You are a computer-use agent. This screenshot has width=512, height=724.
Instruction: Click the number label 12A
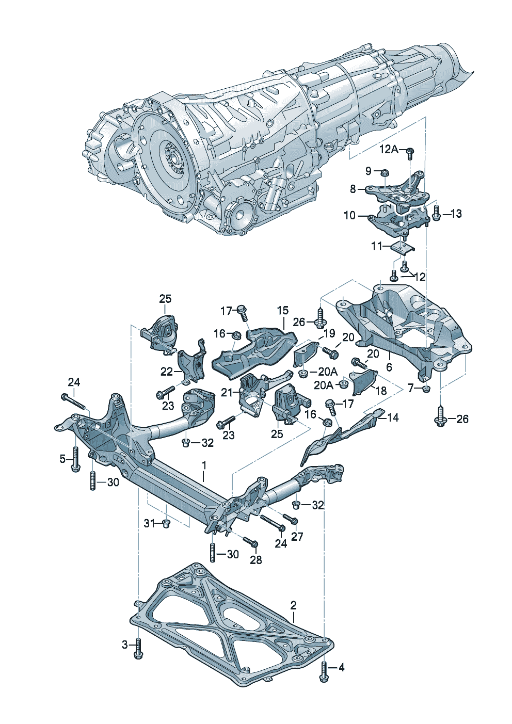pos(389,150)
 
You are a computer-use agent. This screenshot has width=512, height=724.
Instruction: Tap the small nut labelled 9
pos(385,172)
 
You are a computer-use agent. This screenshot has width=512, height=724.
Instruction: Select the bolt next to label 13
pos(436,213)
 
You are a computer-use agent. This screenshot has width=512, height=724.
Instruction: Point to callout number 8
pos(353,189)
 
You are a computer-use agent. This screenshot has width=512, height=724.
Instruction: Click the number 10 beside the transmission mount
pos(349,215)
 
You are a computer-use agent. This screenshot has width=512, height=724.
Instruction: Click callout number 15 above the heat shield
pos(282,311)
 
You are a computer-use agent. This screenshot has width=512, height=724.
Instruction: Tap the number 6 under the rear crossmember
pos(389,367)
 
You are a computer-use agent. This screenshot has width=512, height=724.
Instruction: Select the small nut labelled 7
pos(425,389)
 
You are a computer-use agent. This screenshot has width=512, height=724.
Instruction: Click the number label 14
pos(393,417)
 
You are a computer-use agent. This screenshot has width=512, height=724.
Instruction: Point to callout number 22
pos(166,372)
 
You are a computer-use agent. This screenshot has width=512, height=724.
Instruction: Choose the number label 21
pos(228,393)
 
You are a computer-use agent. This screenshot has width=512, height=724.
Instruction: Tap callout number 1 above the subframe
pos(204,465)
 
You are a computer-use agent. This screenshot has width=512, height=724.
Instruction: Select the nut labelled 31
pos(166,524)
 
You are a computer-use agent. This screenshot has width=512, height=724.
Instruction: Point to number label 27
pos(297,536)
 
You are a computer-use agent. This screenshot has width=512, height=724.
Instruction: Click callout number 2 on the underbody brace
pos(293,605)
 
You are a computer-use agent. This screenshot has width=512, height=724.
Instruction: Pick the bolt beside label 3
pos(138,649)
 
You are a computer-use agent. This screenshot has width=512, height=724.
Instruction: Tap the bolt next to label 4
pos(324,671)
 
